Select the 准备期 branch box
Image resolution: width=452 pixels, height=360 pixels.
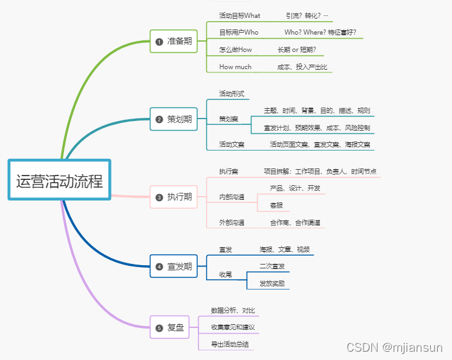(x=174, y=41)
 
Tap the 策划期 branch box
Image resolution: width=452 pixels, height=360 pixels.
(x=174, y=119)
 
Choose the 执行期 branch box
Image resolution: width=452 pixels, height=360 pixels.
(x=174, y=197)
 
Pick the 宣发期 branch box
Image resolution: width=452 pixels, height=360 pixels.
(x=174, y=266)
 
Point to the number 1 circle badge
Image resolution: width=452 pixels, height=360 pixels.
(x=159, y=42)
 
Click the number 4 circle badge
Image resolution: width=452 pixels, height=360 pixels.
(x=159, y=267)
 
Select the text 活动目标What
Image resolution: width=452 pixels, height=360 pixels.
(x=239, y=15)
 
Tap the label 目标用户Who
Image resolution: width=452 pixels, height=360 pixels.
(x=239, y=32)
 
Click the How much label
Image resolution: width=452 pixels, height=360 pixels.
(x=236, y=67)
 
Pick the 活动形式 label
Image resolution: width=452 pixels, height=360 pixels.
(x=232, y=94)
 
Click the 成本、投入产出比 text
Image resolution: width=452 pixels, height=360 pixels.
(x=302, y=67)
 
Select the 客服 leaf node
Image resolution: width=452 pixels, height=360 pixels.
(x=276, y=205)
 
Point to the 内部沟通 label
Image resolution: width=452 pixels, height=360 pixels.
(x=232, y=197)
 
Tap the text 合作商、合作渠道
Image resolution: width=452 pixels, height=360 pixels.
(x=295, y=223)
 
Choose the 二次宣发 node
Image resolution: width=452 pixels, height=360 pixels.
(x=272, y=266)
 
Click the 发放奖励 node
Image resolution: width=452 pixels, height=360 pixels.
(x=272, y=283)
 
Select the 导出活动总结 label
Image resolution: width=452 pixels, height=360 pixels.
(x=230, y=345)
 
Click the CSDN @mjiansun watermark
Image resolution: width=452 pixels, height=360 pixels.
(x=394, y=347)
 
